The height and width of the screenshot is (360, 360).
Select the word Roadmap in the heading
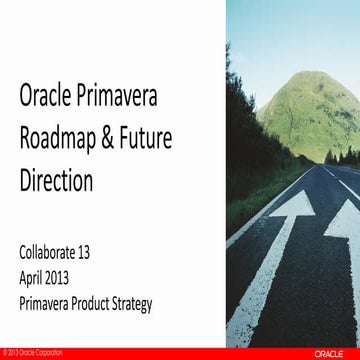tap(62, 140)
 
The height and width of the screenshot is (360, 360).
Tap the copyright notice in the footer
tap(30, 354)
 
